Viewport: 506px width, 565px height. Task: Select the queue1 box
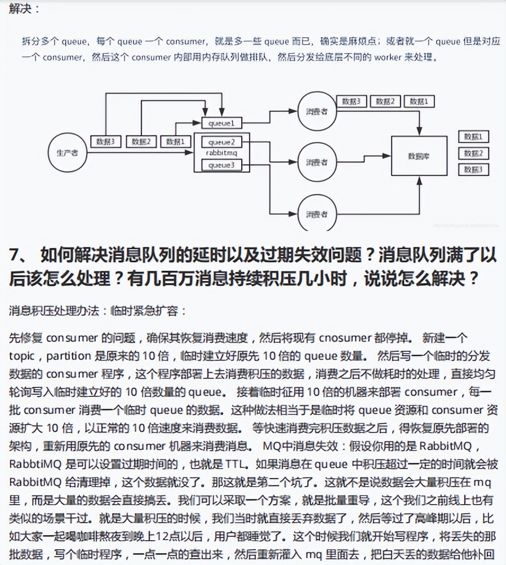218,122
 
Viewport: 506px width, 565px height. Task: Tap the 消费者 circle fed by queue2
317,162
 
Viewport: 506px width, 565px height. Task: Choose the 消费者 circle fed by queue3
317,214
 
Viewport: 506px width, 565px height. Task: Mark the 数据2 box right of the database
473,153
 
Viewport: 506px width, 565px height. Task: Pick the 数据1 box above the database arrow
422,101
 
